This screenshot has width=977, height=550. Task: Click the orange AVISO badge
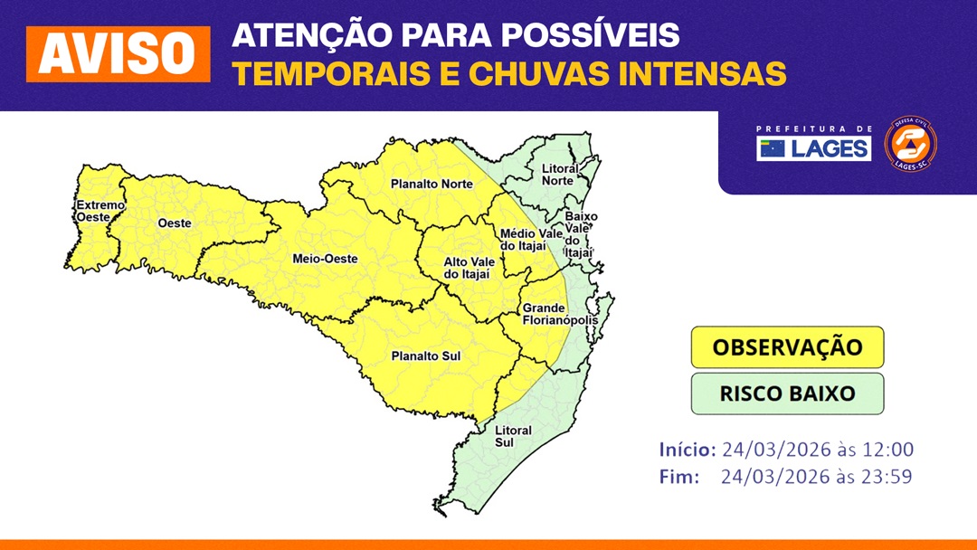point(119,54)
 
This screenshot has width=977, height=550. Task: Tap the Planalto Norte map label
point(432,184)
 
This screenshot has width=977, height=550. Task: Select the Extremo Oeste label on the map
point(100,211)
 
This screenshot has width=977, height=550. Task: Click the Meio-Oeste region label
point(326,259)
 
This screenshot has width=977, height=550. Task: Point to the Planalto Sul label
point(426,356)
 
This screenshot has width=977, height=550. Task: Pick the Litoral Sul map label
point(513,436)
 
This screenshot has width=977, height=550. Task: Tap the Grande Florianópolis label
point(560,314)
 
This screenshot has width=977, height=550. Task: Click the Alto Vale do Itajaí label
point(470,268)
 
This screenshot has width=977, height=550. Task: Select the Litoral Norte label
point(560,175)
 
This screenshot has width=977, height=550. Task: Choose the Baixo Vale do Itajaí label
point(580,234)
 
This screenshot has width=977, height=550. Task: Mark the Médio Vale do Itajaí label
point(532,240)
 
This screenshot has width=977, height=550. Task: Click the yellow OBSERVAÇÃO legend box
point(788,347)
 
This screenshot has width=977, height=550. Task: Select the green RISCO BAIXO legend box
point(788,394)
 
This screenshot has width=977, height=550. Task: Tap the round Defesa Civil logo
point(910,144)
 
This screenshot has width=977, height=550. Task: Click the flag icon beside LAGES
point(773,149)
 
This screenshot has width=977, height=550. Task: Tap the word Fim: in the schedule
point(679,477)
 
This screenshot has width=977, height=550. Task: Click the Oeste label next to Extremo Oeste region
point(175,223)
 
